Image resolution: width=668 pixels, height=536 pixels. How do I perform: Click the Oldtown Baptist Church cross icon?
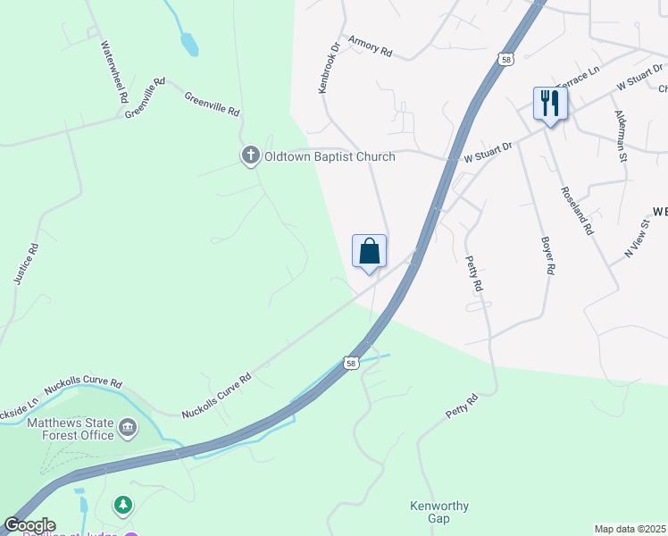[x=250, y=156]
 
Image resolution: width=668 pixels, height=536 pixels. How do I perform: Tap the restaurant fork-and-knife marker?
[x=549, y=104]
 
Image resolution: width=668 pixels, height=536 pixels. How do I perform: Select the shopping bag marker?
[x=370, y=252]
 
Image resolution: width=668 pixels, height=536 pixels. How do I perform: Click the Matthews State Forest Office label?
[x=70, y=429]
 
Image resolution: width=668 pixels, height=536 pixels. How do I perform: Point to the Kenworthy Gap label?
[x=438, y=512]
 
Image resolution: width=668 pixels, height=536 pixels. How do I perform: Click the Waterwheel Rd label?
[x=116, y=71]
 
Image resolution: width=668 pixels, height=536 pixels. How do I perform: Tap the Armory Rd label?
[x=371, y=46]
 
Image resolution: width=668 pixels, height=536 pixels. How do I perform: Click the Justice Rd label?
[x=27, y=264]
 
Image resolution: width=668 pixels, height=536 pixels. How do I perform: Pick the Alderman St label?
[x=620, y=136]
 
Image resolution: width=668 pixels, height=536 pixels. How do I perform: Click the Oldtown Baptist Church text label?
[x=329, y=157]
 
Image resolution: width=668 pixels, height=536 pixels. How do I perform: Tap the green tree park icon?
[x=123, y=506]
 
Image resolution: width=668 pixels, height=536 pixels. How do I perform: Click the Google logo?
[x=29, y=525]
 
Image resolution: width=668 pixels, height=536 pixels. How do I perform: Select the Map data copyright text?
[x=630, y=529]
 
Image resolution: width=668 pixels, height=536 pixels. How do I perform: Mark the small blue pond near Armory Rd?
[x=189, y=44]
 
